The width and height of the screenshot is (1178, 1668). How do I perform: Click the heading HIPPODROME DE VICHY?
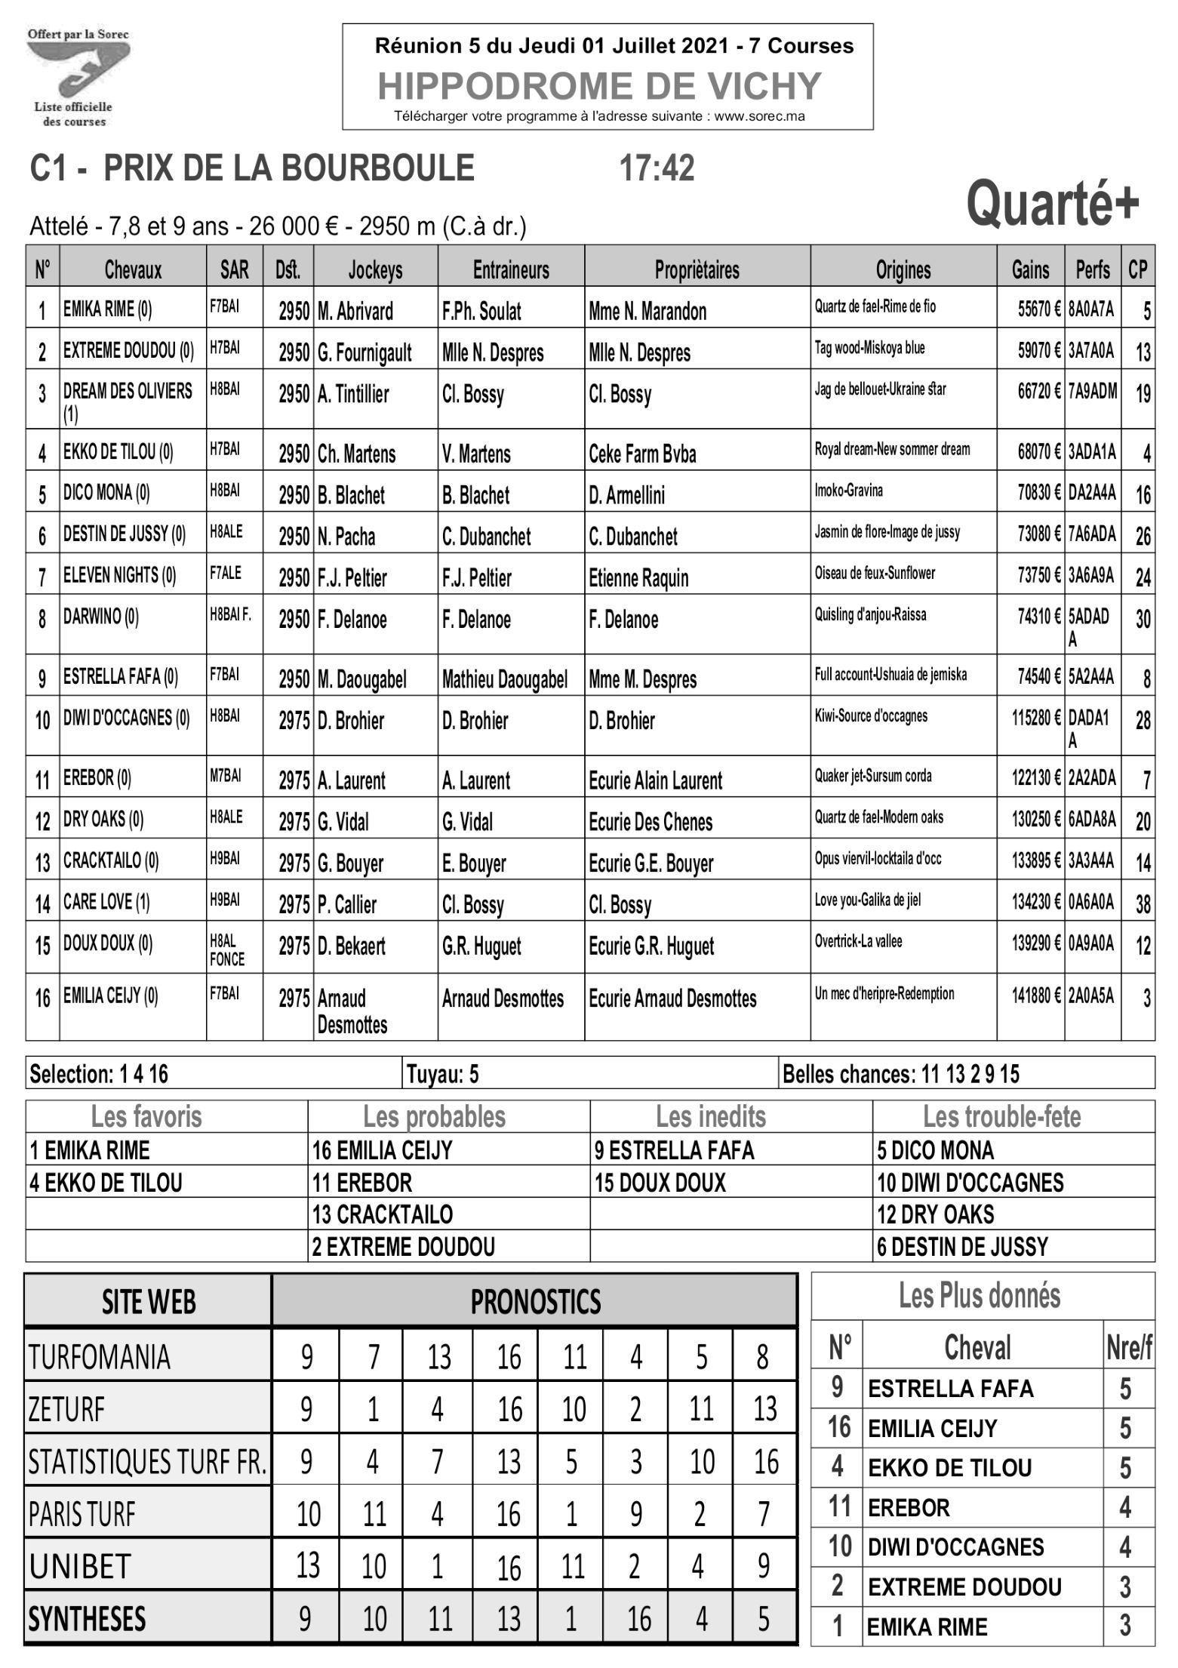pyautogui.click(x=599, y=86)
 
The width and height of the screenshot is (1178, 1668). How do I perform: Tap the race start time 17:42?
pyautogui.click(x=657, y=168)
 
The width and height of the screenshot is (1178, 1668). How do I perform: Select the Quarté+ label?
pyautogui.click(x=1053, y=204)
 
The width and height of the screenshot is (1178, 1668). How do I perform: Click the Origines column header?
pyautogui.click(x=903, y=269)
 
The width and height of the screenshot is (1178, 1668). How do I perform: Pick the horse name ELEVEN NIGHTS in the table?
pyautogui.click(x=119, y=576)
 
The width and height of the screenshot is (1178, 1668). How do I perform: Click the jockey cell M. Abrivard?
pyautogui.click(x=355, y=311)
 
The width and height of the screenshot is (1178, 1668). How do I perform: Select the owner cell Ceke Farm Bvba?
pyautogui.click(x=642, y=454)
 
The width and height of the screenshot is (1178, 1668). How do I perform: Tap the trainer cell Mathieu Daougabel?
pyautogui.click(x=504, y=679)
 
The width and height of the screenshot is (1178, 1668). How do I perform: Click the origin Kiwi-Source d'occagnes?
pyautogui.click(x=871, y=716)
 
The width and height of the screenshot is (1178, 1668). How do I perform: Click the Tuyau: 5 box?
pyautogui.click(x=442, y=1074)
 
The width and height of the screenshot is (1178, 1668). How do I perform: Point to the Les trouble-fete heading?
pyautogui.click(x=1001, y=1116)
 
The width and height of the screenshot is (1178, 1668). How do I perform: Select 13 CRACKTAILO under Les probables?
pyautogui.click(x=383, y=1214)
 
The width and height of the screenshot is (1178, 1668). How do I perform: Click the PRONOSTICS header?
pyautogui.click(x=535, y=1301)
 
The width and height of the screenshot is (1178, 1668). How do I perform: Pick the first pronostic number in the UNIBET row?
pyautogui.click(x=307, y=1566)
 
